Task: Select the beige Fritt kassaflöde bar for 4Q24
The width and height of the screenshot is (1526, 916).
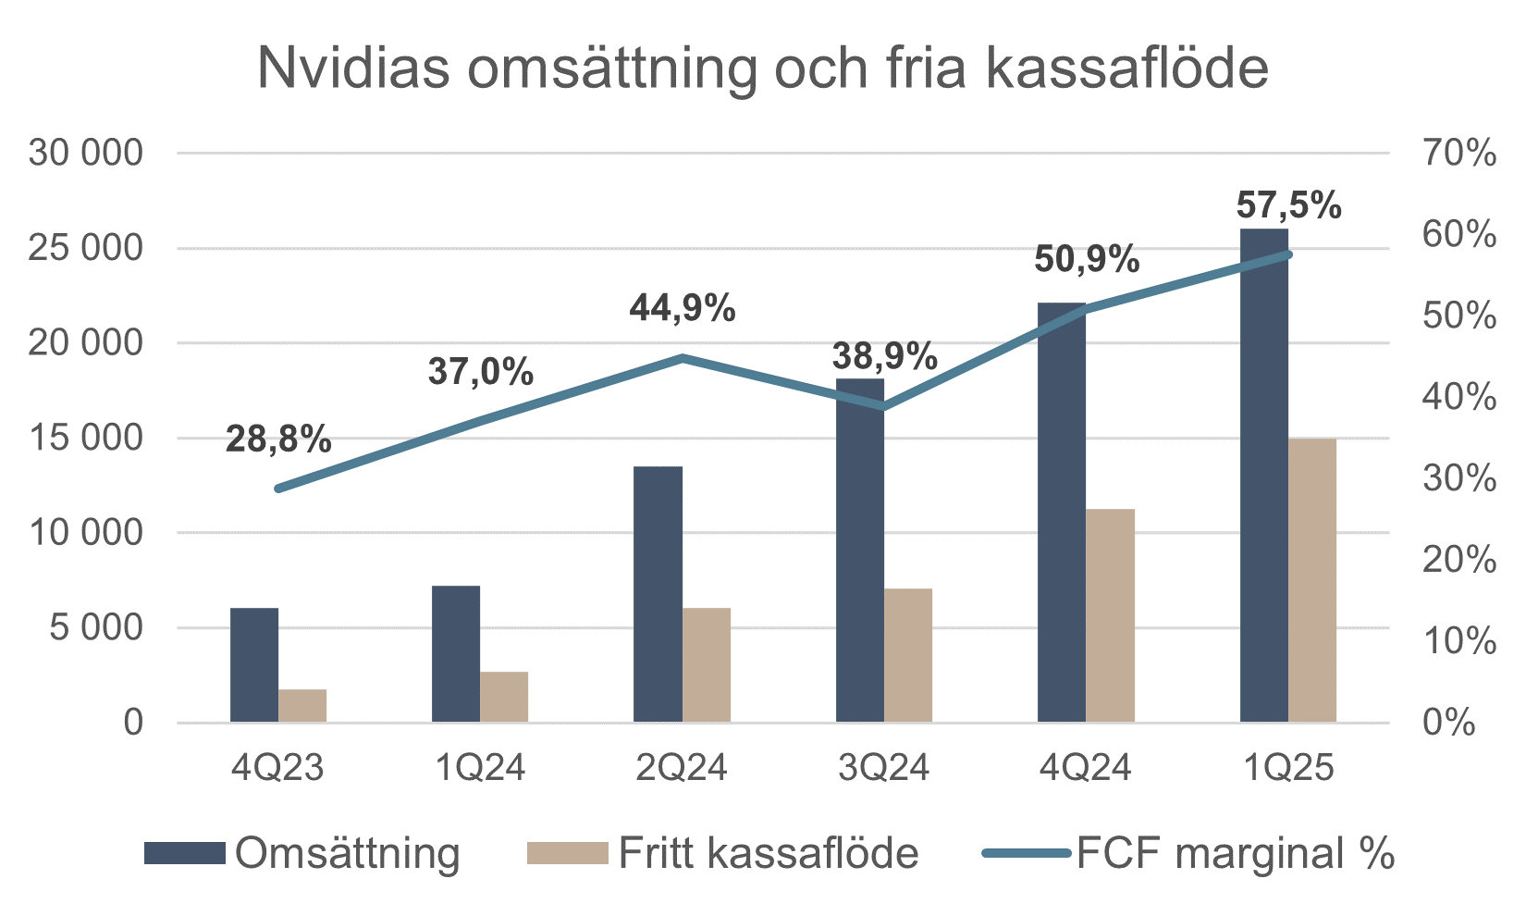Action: click(1110, 615)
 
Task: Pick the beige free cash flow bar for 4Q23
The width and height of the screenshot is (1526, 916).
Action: click(302, 705)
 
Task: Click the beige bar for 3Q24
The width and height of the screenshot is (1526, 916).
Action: click(908, 655)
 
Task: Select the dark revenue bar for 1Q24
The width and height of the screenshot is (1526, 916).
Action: click(456, 653)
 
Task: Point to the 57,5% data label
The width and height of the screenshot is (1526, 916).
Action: click(1288, 205)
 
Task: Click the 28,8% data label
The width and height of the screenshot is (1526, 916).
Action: click(278, 439)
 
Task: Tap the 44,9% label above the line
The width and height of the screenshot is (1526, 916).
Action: click(683, 308)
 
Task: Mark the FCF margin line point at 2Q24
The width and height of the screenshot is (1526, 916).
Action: click(683, 357)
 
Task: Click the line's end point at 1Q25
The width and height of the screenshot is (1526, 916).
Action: click(1288, 254)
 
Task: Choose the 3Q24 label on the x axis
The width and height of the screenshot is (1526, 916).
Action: click(883, 768)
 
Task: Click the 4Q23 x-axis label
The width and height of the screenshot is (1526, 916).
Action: click(277, 768)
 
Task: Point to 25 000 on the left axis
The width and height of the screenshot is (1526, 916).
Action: click(86, 248)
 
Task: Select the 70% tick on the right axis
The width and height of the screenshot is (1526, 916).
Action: click(1458, 153)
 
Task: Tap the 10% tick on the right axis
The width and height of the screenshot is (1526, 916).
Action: click(1458, 640)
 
